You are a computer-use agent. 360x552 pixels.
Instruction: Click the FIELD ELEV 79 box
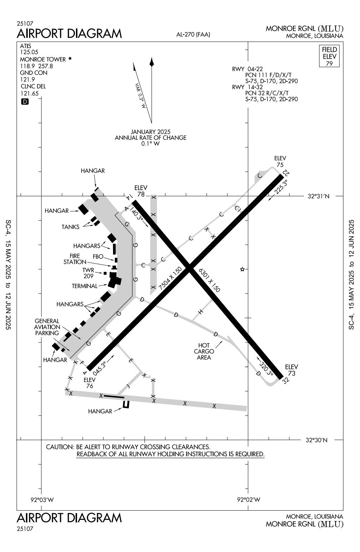click(329, 56)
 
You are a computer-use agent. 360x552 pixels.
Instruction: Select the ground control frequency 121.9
click(27, 80)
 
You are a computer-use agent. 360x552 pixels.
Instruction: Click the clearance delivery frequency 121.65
click(29, 93)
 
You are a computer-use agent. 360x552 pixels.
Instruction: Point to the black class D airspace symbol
click(25, 102)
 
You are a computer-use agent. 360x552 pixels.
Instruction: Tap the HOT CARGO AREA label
click(204, 351)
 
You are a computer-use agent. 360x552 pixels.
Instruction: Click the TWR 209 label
click(88, 273)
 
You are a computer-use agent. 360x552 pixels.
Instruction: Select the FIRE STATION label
click(75, 259)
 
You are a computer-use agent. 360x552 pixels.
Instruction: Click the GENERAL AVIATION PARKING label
click(47, 327)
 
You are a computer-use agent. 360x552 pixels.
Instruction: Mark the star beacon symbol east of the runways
click(242, 269)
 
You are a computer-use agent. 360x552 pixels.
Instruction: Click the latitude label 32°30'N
click(316, 440)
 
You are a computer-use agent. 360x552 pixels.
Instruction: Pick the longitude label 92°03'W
click(42, 500)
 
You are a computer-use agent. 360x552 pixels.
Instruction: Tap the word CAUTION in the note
click(59, 447)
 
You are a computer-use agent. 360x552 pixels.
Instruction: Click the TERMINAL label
click(84, 286)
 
